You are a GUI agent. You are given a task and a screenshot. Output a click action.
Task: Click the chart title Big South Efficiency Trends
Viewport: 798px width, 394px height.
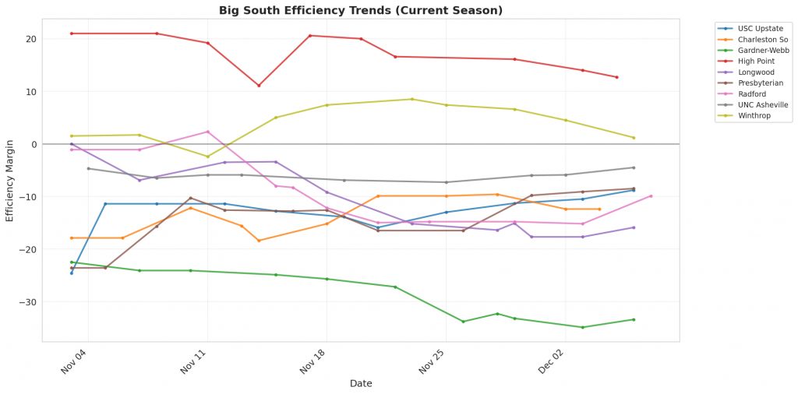pos(360,10)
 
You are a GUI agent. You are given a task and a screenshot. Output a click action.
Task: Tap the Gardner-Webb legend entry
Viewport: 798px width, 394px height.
pos(760,50)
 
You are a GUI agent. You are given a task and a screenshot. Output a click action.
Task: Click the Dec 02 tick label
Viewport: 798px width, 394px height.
pos(551,362)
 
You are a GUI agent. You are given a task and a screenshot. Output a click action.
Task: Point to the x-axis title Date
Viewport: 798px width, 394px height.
pos(360,383)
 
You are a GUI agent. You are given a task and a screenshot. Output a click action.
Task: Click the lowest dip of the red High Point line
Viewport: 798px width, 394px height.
pos(259,86)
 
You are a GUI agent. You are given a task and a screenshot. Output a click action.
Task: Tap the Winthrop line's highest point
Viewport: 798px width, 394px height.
pos(412,99)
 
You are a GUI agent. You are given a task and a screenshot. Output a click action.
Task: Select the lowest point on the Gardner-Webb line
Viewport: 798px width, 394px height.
pos(582,327)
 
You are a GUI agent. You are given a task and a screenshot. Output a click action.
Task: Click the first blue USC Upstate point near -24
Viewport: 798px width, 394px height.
pos(72,273)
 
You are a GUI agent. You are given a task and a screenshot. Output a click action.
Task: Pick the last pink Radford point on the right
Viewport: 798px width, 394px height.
pos(651,196)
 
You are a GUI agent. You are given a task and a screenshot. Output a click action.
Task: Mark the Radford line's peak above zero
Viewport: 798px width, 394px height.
pos(207,132)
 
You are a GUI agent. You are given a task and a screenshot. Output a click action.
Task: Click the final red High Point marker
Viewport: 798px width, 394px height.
pos(616,77)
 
